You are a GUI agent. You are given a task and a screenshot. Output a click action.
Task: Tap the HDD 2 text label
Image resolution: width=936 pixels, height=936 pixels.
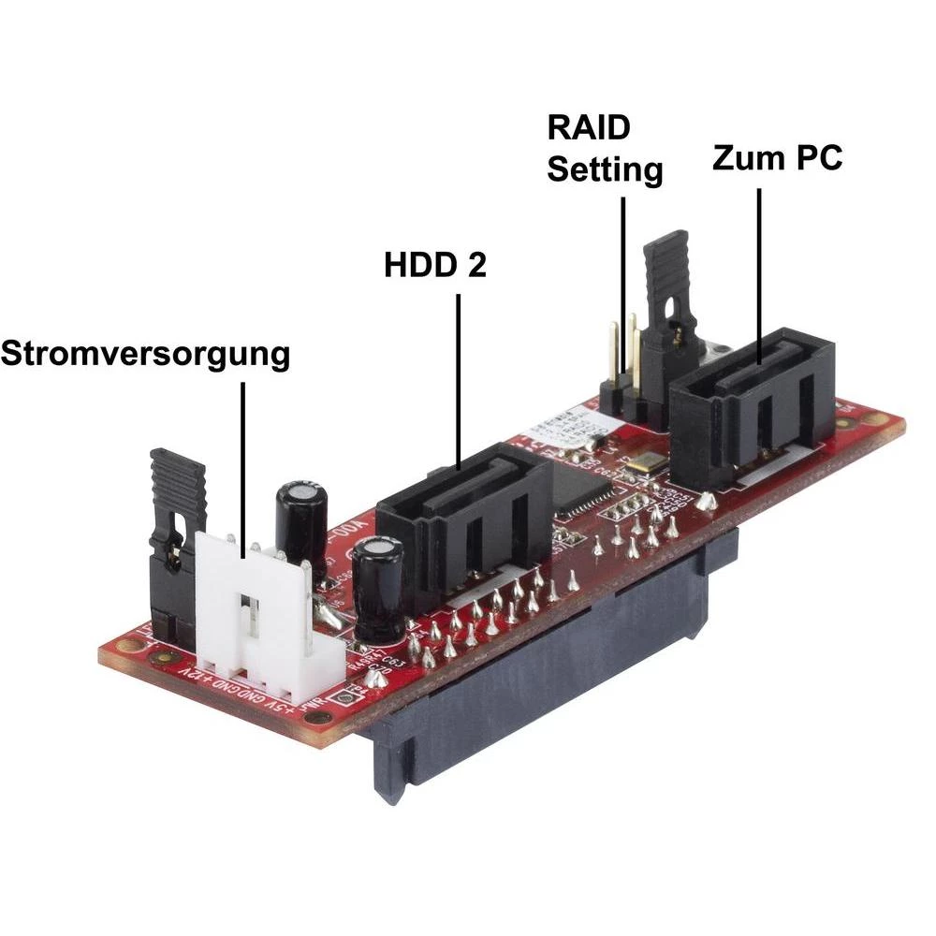(435, 265)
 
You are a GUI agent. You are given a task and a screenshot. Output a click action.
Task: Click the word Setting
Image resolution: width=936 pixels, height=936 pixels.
(605, 169)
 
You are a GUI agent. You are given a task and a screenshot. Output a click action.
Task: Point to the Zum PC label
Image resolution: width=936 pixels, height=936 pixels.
(777, 157)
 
